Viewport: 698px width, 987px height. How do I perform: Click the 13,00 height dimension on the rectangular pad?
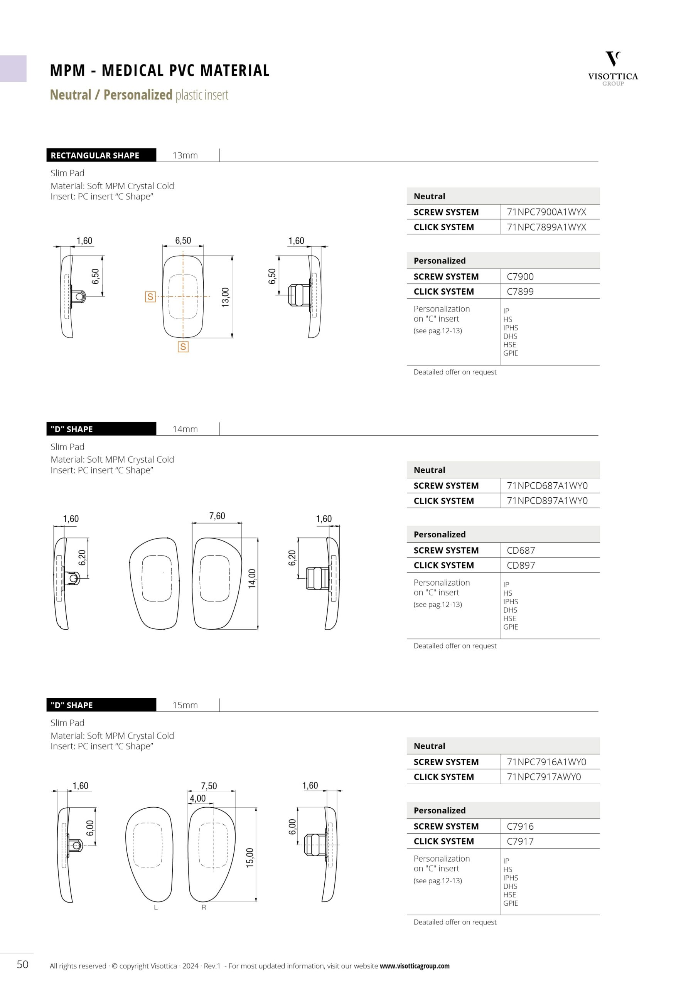pos(225,297)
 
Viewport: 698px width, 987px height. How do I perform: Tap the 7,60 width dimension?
pos(217,516)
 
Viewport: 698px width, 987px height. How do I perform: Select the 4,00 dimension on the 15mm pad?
pos(198,798)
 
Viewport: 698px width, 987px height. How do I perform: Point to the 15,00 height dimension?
pos(250,857)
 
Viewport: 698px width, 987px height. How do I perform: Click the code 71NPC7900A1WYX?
pos(546,212)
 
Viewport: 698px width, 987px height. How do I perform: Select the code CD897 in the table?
pos(521,565)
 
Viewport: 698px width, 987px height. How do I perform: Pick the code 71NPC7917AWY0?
pos(544,777)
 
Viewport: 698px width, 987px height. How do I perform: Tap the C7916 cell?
pos(520,826)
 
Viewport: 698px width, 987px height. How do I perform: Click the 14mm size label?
pos(185,429)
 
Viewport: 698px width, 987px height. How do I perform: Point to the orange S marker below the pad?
pos(183,347)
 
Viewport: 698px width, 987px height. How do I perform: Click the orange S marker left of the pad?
pos(150,296)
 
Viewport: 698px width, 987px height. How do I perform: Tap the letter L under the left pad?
pos(156,908)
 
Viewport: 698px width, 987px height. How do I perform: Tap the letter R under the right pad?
pos(204,908)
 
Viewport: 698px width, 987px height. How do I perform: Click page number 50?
pos(22,964)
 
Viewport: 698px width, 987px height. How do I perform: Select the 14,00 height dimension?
pos(252,579)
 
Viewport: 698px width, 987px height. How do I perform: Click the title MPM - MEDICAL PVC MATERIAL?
pos(160,71)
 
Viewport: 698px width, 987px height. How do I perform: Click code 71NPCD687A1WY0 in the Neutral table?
pos(547,486)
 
